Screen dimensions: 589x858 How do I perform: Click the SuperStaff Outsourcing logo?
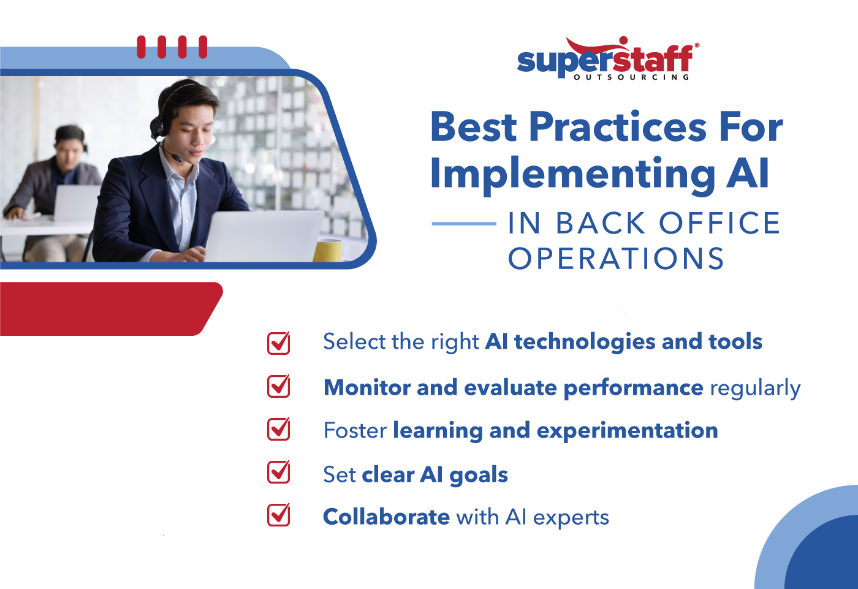coord(607,60)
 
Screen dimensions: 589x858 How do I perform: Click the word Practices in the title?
coord(618,127)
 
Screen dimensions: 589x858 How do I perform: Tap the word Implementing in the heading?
coord(572,174)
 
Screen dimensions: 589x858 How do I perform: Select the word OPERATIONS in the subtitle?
coord(616,259)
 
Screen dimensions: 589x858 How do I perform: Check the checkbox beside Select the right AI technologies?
coord(279,343)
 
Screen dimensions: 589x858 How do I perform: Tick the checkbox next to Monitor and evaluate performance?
coord(279,386)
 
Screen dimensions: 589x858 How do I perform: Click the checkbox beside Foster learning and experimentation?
coord(279,429)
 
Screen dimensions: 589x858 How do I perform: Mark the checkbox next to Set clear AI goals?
coord(279,472)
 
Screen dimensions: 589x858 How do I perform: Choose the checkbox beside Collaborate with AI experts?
coord(279,515)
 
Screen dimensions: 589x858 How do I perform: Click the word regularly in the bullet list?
coord(755,389)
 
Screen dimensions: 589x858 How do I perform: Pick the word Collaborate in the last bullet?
coord(386,517)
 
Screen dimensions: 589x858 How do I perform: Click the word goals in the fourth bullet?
coord(479,476)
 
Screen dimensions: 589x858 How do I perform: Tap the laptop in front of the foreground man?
coord(264,236)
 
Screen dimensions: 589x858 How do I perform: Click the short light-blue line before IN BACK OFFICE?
coord(463,224)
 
